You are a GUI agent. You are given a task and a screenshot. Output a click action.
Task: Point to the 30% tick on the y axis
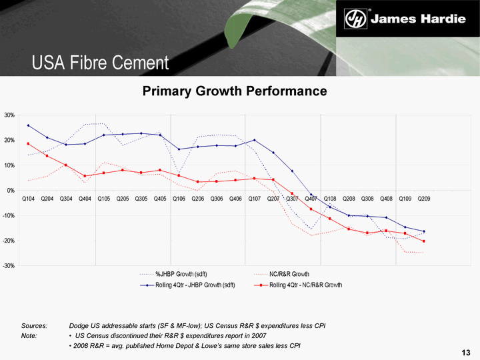[9, 115]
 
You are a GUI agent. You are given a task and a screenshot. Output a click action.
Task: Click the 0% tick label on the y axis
[11, 191]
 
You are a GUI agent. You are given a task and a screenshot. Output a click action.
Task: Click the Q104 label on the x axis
[29, 199]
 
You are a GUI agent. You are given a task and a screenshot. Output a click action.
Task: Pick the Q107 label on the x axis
[255, 199]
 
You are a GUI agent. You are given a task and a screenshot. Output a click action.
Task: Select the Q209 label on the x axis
[423, 199]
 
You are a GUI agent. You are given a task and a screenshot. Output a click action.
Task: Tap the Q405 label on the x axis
[160, 199]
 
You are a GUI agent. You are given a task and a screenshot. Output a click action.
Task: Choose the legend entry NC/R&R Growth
[289, 274]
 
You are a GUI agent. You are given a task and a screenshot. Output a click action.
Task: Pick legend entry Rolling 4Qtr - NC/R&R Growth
[305, 285]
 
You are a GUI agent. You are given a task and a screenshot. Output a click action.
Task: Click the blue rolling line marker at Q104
[28, 125]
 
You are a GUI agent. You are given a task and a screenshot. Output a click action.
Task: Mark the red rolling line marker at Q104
[28, 143]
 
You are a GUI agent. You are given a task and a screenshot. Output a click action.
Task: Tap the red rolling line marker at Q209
[424, 241]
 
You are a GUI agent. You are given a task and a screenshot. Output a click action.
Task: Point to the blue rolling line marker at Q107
[255, 140]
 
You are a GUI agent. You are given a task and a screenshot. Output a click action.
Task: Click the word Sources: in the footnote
[34, 325]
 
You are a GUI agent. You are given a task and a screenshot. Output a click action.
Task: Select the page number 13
[466, 351]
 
